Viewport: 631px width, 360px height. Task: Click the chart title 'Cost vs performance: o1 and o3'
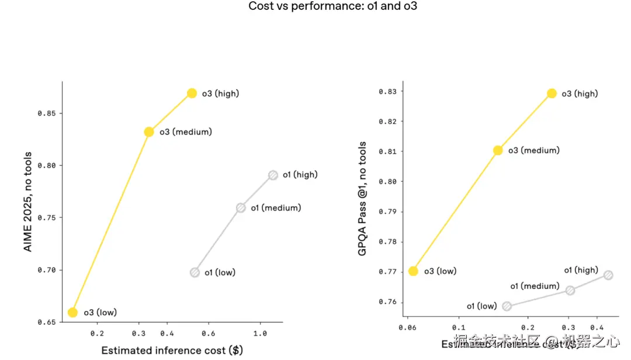point(332,6)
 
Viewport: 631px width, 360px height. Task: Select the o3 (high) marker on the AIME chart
point(192,94)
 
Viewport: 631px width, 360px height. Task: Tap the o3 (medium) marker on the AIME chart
point(149,132)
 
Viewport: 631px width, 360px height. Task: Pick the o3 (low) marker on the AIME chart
point(72,312)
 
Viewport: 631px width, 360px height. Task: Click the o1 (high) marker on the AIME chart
point(273,175)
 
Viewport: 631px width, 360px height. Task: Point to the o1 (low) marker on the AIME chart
point(195,272)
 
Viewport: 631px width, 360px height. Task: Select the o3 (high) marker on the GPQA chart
point(552,94)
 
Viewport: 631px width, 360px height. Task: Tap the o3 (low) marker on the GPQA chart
point(413,271)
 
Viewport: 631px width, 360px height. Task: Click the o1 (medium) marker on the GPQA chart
point(570,290)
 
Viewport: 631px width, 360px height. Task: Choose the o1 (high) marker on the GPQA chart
point(608,275)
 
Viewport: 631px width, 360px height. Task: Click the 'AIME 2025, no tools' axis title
point(27,202)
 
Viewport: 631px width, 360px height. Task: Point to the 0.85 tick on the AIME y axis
point(47,113)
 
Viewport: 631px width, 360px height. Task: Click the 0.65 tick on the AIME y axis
point(47,322)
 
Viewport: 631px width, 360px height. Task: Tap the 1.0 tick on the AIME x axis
point(260,334)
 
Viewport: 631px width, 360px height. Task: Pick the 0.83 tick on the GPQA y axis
point(387,92)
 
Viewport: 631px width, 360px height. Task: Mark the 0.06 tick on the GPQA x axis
point(407,328)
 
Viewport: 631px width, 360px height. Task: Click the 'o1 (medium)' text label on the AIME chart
point(276,208)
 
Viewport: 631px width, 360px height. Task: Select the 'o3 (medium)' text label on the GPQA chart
point(533,151)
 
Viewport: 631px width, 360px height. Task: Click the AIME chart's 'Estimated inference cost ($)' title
point(172,351)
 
